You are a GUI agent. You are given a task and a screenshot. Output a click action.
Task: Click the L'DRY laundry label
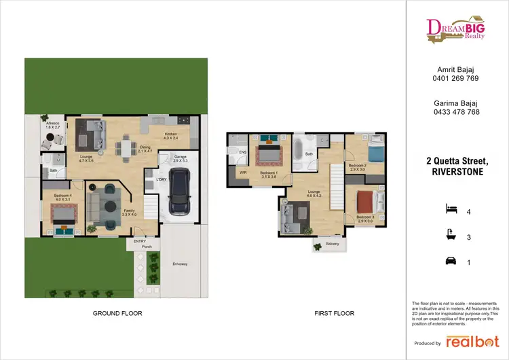pos(161,179)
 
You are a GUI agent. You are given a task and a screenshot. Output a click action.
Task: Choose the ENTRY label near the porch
pos(140,241)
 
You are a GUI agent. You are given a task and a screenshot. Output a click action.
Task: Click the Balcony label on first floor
pos(332,243)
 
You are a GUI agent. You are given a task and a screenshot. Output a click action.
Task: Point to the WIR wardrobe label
pos(242,172)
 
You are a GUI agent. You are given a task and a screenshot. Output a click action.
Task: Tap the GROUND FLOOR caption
pos(117,314)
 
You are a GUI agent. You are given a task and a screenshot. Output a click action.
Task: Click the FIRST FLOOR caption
pos(333,314)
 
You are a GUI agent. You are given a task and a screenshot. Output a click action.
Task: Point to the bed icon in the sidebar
pos(449,208)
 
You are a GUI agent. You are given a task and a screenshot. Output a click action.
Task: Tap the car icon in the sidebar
pos(449,260)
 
